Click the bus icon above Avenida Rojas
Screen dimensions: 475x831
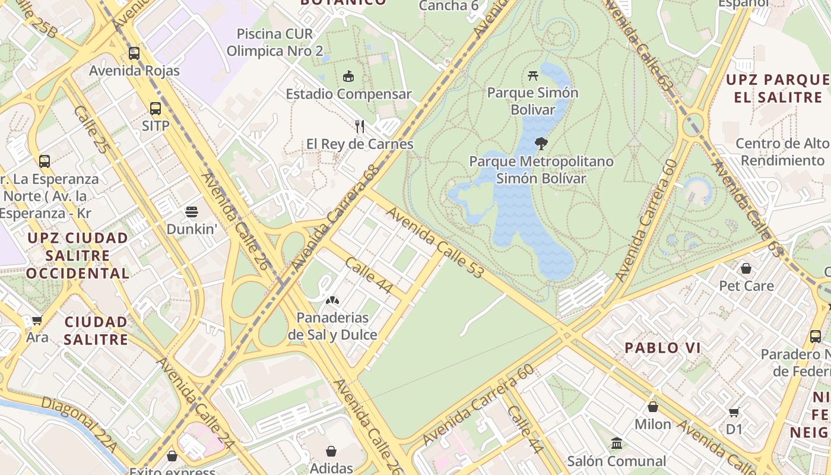click(x=134, y=53)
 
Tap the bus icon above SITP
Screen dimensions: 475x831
click(x=156, y=109)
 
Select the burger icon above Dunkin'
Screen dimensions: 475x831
click(x=192, y=211)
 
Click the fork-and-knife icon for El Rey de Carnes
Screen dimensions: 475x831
click(x=360, y=126)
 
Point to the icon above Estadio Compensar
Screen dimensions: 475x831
click(x=348, y=76)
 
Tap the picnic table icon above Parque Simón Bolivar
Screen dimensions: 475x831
click(x=532, y=75)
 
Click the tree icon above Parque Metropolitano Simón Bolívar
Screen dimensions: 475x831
click(x=541, y=143)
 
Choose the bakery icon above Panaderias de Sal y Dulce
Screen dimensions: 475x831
click(x=332, y=300)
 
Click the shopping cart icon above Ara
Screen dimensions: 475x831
click(x=37, y=321)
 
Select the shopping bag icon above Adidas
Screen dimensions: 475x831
click(x=331, y=451)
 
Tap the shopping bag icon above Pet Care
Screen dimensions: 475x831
click(x=746, y=268)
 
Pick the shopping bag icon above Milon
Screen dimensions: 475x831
click(x=652, y=407)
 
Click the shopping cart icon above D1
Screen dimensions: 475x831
click(x=734, y=411)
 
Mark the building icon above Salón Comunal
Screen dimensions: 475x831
click(x=616, y=444)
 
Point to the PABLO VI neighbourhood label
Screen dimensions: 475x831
click(x=662, y=348)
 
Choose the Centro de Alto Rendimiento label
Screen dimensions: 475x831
click(x=782, y=152)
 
